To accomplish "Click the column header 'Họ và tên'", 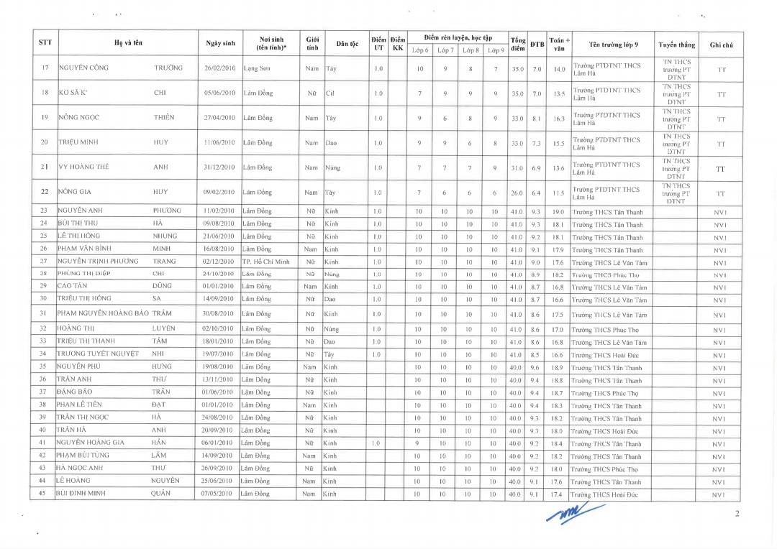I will (128, 43).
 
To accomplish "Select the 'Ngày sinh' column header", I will (220, 43).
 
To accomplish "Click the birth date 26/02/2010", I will (220, 68).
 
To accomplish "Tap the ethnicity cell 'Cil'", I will (331, 93).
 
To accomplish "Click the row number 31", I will (44, 313).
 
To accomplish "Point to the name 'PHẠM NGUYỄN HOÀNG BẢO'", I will (103, 313).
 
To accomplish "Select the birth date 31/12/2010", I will (220, 167).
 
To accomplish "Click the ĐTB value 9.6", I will (535, 367).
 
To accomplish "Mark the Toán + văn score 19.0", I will (558, 212).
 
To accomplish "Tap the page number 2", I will (737, 513).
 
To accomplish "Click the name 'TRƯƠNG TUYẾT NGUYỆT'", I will (98, 354).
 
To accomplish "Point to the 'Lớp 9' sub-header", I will (496, 50).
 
